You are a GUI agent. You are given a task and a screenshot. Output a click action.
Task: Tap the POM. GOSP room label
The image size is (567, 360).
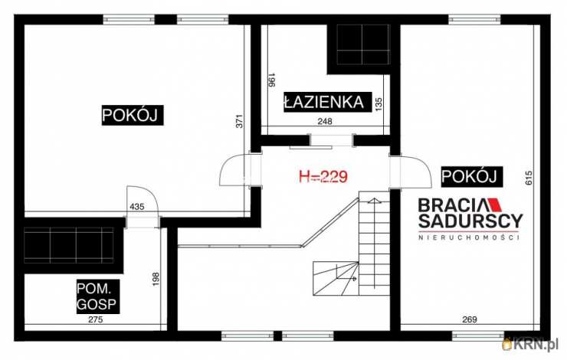click(x=97, y=296)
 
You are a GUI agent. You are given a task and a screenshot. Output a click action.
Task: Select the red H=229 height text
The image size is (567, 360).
click(x=323, y=176)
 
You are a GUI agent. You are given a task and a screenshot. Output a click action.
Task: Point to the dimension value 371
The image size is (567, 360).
click(x=239, y=121)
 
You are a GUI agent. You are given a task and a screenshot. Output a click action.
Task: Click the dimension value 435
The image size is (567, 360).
click(x=137, y=207)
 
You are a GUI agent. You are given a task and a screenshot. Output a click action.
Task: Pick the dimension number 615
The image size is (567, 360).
click(x=529, y=178)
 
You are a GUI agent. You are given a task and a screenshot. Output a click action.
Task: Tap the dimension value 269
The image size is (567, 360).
click(x=470, y=319)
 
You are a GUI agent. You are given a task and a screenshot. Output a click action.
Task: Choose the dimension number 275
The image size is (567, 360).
click(x=96, y=319)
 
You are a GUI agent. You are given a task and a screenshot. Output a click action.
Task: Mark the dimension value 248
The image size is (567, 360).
click(x=325, y=122)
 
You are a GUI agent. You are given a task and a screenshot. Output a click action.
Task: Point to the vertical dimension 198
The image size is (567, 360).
click(x=156, y=279)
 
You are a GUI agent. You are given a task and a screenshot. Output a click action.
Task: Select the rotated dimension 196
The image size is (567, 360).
click(x=272, y=80)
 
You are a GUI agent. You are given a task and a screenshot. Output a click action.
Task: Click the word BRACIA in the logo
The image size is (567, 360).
click(x=451, y=205)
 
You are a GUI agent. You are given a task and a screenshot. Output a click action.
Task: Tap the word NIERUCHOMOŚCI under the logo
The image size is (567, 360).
click(x=469, y=237)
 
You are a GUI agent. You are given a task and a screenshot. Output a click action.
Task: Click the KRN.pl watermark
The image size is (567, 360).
click(x=531, y=345)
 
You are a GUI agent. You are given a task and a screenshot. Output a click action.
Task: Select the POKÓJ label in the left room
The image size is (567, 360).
click(x=131, y=116)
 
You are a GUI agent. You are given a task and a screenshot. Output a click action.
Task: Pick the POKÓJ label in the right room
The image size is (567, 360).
click(x=470, y=177)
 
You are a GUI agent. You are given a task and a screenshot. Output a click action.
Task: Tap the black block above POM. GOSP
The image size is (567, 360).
click(x=69, y=245)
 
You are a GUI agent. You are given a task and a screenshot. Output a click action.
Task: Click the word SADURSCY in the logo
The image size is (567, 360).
click(x=470, y=221)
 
